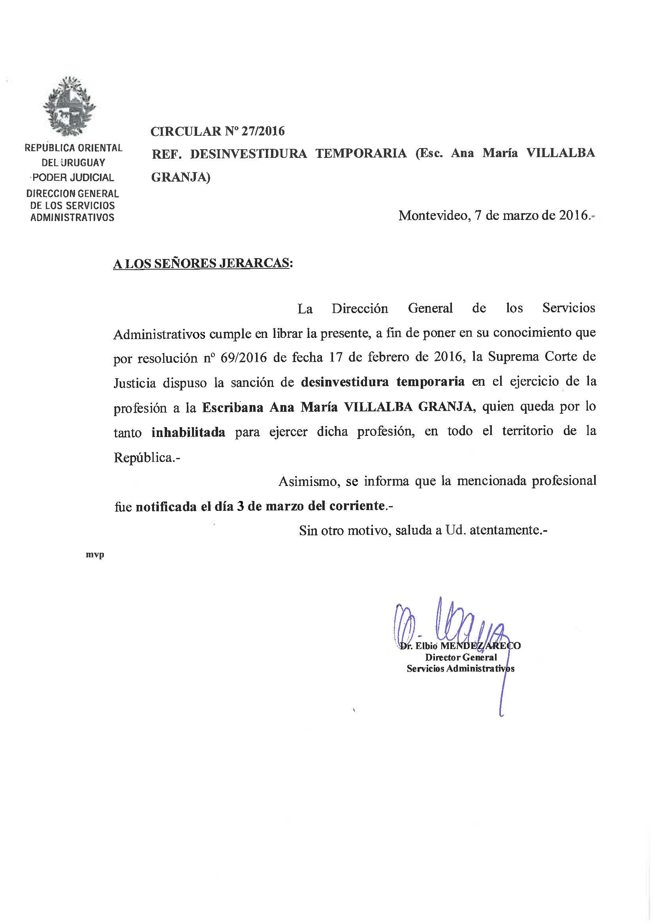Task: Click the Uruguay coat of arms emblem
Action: (x=70, y=107)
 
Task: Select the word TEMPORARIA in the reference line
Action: (x=361, y=154)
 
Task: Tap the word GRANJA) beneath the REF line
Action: (x=181, y=177)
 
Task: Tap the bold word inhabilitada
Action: (x=188, y=433)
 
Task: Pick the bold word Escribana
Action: (x=233, y=408)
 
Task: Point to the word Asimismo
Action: (x=309, y=481)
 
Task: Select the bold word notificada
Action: (x=166, y=506)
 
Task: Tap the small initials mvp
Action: (x=95, y=555)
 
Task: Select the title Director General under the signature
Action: (x=461, y=657)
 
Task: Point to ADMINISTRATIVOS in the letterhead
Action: (x=72, y=218)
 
